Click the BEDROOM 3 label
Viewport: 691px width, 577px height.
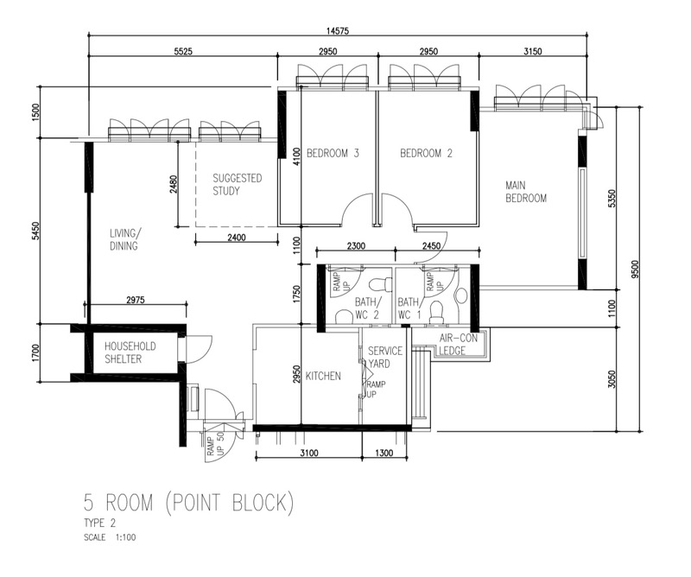(333, 154)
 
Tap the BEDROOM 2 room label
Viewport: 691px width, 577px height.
(426, 154)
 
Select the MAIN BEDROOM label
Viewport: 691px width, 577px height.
(526, 192)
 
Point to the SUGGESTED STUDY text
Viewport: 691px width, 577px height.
(237, 185)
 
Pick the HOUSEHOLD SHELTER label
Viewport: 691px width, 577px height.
(130, 352)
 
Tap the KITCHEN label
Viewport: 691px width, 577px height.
(323, 376)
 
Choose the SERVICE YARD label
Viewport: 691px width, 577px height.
(385, 357)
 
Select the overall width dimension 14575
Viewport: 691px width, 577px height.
(338, 31)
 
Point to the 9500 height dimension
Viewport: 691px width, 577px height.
(635, 269)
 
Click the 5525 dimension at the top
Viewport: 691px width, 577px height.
(183, 52)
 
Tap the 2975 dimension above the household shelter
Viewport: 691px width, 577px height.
(136, 301)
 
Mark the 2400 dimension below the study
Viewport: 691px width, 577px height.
(237, 238)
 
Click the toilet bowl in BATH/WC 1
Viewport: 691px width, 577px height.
(436, 312)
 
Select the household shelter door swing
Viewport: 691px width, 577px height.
(200, 349)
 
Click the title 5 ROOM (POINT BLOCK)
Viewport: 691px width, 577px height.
(188, 504)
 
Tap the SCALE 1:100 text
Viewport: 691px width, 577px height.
(110, 537)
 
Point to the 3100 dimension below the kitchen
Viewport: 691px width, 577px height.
(309, 453)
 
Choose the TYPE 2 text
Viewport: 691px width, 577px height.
(100, 523)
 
